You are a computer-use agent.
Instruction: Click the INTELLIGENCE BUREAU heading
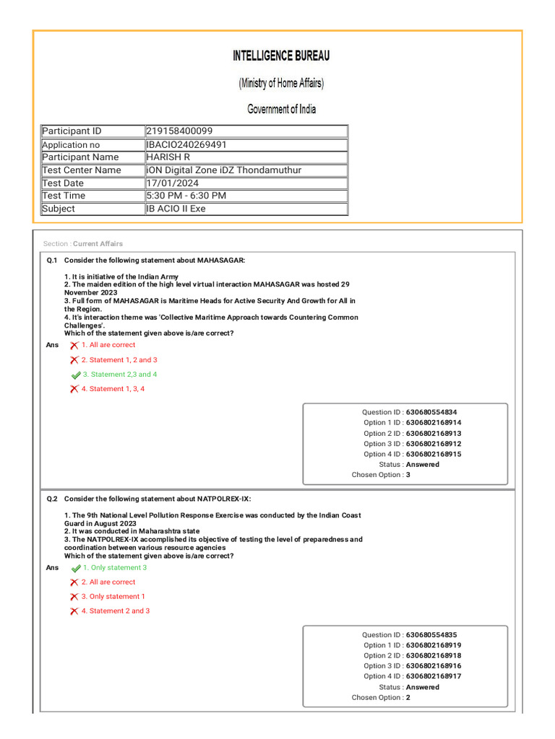pyautogui.click(x=281, y=56)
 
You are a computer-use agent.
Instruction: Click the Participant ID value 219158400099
pyautogui.click(x=179, y=131)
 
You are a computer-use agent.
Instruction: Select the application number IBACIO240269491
pyautogui.click(x=186, y=144)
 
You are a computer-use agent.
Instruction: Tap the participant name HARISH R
pyautogui.click(x=168, y=157)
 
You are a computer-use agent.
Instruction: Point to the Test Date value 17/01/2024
pyautogui.click(x=172, y=183)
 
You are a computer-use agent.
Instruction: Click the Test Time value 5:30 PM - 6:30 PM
pyautogui.click(x=186, y=196)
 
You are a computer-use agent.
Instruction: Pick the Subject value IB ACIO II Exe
pyautogui.click(x=176, y=209)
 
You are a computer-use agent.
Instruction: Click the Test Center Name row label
pyautogui.click(x=82, y=170)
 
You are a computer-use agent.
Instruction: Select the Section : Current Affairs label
pyautogui.click(x=83, y=244)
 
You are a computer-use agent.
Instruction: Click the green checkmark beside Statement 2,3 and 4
pyautogui.click(x=76, y=375)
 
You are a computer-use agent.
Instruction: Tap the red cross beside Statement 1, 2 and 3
pyautogui.click(x=74, y=360)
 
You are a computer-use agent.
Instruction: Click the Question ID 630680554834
pyautogui.click(x=431, y=412)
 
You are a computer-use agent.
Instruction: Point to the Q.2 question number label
pyautogui.click(x=52, y=499)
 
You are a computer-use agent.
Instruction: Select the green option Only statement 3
pyautogui.click(x=114, y=568)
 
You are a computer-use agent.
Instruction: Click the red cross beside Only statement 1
pyautogui.click(x=74, y=597)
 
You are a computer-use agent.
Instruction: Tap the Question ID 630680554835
pyautogui.click(x=431, y=635)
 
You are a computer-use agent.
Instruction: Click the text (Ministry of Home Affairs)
pyautogui.click(x=281, y=84)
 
